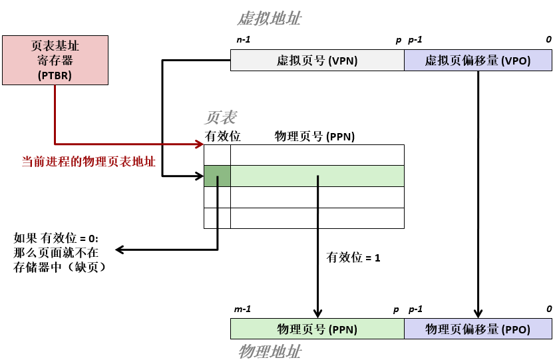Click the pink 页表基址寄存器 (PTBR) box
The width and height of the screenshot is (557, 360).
pyautogui.click(x=55, y=60)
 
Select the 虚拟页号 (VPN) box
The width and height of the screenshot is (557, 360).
pyautogui.click(x=317, y=61)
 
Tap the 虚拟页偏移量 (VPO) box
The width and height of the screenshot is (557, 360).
pyautogui.click(x=477, y=61)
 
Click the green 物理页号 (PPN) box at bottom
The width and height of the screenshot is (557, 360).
pyautogui.click(x=317, y=329)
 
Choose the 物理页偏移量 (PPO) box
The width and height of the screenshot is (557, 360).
pyautogui.click(x=477, y=329)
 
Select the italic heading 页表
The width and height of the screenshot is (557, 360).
pyautogui.click(x=220, y=118)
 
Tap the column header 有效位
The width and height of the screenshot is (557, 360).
pyautogui.click(x=222, y=136)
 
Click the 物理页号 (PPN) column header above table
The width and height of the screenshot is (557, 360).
pyautogui.click(x=314, y=136)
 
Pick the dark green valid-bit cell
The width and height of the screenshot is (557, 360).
pyautogui.click(x=217, y=176)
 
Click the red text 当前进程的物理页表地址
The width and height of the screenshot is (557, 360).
pyautogui.click(x=89, y=162)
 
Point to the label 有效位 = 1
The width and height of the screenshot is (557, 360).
pyautogui.click(x=353, y=257)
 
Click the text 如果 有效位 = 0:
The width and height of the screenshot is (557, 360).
pyautogui.click(x=56, y=238)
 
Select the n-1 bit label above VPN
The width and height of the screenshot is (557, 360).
pyautogui.click(x=243, y=40)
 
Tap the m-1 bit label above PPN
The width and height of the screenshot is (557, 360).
pyautogui.click(x=243, y=309)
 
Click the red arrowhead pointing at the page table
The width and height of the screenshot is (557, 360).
pyautogui.click(x=199, y=143)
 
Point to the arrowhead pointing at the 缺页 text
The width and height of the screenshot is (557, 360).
pyautogui.click(x=120, y=250)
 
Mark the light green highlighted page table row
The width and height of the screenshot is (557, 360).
pyautogui.click(x=317, y=176)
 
